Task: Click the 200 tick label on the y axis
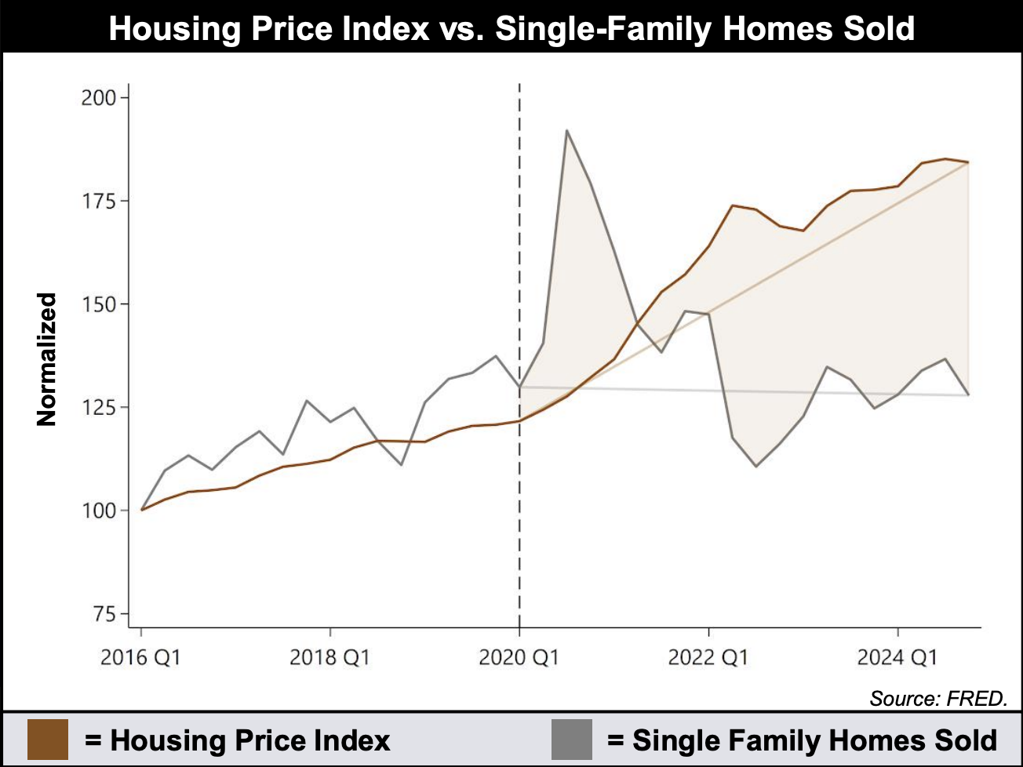point(98,98)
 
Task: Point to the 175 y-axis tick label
point(98,201)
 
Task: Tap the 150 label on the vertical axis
point(98,304)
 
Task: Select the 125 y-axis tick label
point(98,408)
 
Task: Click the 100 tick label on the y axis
point(98,511)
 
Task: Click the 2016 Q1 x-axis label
point(140,656)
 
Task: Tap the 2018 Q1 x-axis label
point(329,656)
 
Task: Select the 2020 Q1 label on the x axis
point(519,656)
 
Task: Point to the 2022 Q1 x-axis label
point(708,656)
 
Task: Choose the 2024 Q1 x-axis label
point(897,656)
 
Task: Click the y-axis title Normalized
point(47,359)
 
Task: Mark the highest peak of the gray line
point(566,130)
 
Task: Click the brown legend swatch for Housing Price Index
point(47,740)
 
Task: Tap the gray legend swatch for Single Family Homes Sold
point(571,740)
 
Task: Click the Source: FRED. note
point(938,698)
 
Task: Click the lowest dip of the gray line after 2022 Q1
point(755,467)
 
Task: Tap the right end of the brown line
point(968,162)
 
